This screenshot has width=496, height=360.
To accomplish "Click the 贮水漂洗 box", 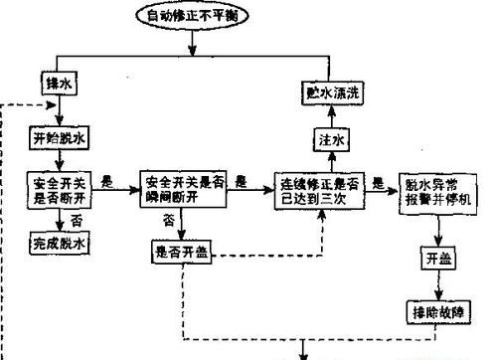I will (332, 91).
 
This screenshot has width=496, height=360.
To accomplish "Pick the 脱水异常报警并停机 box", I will (439, 187).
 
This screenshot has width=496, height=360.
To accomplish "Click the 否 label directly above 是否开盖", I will (171, 220).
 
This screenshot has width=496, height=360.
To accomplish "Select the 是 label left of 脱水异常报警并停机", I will (379, 180).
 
